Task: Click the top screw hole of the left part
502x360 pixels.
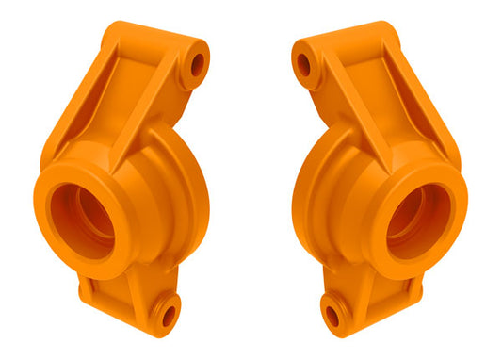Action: (197, 64)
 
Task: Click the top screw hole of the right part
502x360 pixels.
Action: (304, 64)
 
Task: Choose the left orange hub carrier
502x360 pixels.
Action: (122, 188)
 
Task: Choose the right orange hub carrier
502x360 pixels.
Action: (379, 188)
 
